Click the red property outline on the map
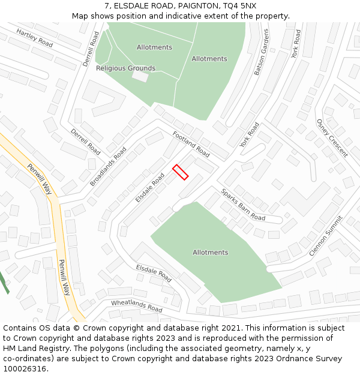coord(181,172)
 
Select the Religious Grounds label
coord(125,68)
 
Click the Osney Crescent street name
coord(332,138)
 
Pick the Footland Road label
coord(191,144)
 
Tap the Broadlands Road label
coord(108,166)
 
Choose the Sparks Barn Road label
coord(243,205)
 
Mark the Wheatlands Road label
coord(137,306)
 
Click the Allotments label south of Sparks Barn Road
coord(210,253)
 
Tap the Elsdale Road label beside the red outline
coord(150,188)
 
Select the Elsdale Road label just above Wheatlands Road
coord(154,273)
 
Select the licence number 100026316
coord(25,368)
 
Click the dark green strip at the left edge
coord(4,282)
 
